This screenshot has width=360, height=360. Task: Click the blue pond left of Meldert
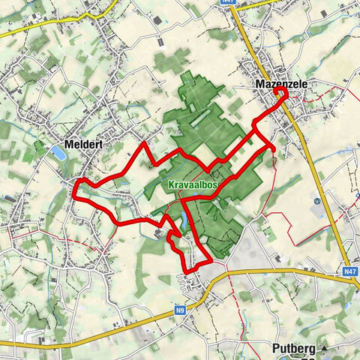(x=58, y=153)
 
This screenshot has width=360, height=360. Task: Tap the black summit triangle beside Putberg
(x=325, y=349)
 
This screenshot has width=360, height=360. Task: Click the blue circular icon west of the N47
(x=318, y=201)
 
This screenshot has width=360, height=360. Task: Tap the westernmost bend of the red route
(x=74, y=193)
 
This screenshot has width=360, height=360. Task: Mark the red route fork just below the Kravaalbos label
(x=183, y=199)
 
